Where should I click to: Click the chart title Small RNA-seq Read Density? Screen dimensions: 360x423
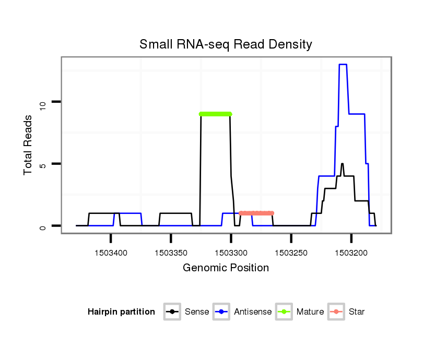(x=226, y=44)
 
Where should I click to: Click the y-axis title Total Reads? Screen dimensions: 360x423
(x=28, y=145)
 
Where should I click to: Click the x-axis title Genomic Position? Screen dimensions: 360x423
(x=226, y=268)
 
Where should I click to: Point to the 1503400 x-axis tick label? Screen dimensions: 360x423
(x=111, y=253)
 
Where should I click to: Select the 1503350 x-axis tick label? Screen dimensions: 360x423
(x=171, y=253)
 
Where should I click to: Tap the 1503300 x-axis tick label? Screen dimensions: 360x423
(x=231, y=253)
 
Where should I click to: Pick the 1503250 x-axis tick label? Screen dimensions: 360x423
(x=291, y=253)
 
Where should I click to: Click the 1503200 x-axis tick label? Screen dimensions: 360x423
(x=351, y=253)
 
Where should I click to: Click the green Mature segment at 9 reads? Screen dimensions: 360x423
(x=215, y=114)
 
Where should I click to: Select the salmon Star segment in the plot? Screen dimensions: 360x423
(x=256, y=213)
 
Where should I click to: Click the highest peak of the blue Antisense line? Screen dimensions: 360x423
(x=343, y=65)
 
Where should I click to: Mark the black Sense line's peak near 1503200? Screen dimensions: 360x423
(x=342, y=164)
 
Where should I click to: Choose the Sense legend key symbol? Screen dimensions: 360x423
(x=172, y=312)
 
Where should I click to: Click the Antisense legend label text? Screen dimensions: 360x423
(x=253, y=312)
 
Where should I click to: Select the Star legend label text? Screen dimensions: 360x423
(x=356, y=312)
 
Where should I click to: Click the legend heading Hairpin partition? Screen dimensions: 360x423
(x=121, y=312)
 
